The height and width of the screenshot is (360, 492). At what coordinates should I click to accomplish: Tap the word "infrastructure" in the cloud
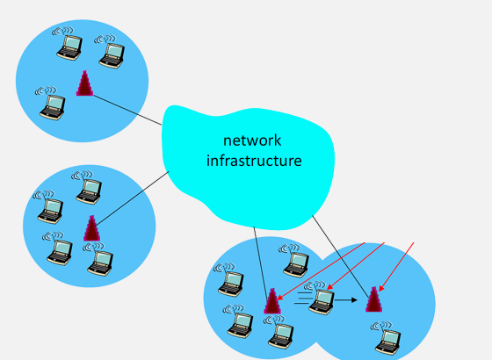[x=254, y=161]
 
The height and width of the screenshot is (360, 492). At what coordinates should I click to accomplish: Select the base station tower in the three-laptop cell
[x=84, y=83]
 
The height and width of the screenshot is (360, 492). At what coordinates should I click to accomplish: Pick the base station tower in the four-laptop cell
[x=91, y=227]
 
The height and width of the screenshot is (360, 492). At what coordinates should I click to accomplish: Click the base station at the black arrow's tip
[x=374, y=299]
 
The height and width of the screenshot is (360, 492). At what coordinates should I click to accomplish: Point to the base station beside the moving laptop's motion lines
[x=271, y=301]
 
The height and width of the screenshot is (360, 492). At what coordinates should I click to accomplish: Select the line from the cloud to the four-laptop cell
[x=132, y=198]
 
